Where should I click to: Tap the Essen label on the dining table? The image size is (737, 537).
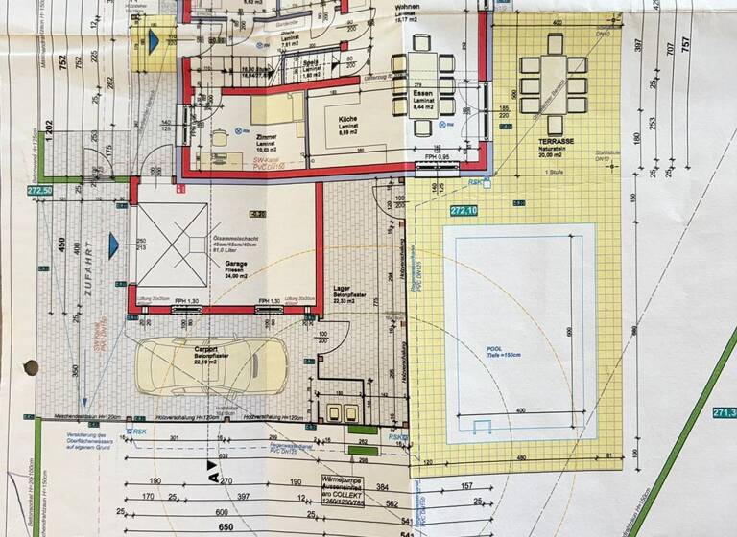(x=424, y=95)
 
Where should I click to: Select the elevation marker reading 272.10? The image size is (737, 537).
(x=464, y=210)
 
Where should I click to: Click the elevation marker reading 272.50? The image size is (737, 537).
(x=12, y=191)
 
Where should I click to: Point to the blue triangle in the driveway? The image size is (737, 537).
(x=114, y=246)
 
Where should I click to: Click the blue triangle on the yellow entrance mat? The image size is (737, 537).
(x=153, y=41)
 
